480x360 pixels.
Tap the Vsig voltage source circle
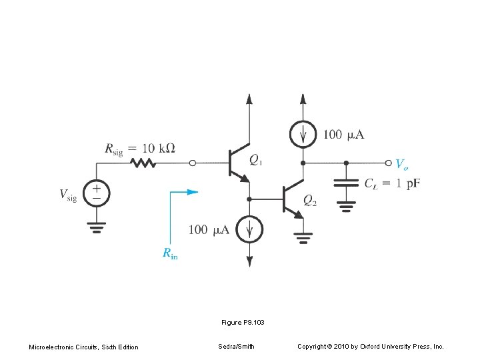tap(97, 193)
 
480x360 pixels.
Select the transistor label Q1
tap(255, 160)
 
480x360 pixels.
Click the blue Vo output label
tap(402, 164)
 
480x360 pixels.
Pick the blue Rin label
tap(170, 253)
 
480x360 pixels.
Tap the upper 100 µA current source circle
tap(303, 135)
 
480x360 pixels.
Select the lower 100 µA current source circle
tap(250, 230)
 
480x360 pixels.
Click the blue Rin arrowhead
tap(192, 192)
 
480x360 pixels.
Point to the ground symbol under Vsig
tap(97, 229)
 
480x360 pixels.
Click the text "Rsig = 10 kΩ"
tap(140, 149)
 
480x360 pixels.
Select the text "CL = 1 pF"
tap(392, 184)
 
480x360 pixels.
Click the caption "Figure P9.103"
tap(243, 323)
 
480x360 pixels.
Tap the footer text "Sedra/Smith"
tap(235, 347)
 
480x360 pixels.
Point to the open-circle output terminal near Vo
tap(389, 163)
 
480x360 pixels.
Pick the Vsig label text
tap(68, 195)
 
